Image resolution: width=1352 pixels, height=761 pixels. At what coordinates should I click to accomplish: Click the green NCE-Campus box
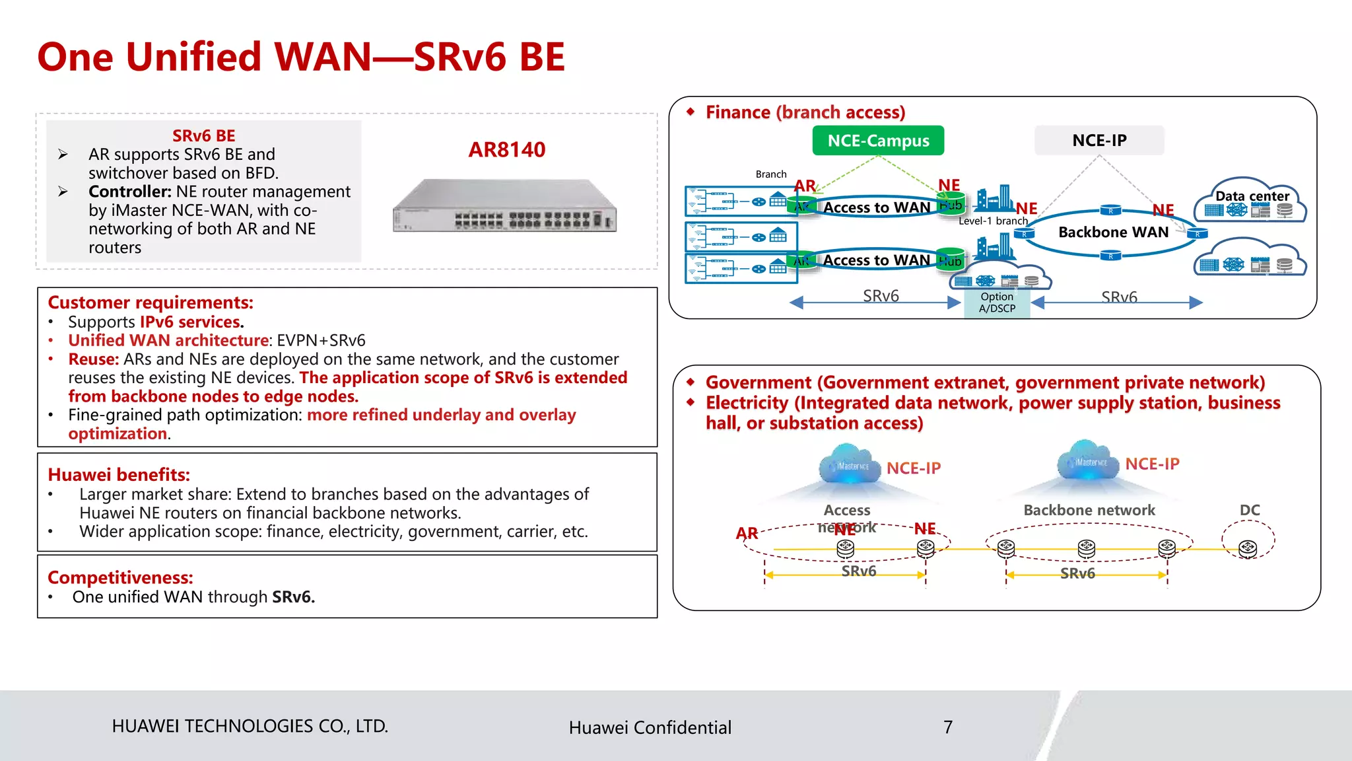tap(878, 141)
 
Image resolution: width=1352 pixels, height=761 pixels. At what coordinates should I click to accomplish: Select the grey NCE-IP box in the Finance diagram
tap(1099, 141)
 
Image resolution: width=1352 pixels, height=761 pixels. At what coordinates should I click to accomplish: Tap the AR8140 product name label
tap(507, 150)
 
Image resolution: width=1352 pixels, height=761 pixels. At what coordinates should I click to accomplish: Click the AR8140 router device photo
tap(505, 206)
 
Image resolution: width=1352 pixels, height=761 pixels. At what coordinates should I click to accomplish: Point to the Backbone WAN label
tap(1113, 233)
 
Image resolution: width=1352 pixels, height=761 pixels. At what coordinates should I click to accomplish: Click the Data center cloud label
tap(1252, 196)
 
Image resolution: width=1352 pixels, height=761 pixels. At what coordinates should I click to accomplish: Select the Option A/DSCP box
tap(997, 303)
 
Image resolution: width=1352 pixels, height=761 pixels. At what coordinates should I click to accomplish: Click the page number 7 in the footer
tap(948, 727)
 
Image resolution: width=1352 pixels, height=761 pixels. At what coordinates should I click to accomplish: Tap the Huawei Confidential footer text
tap(650, 727)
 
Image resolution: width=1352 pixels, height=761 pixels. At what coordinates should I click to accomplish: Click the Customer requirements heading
tap(151, 303)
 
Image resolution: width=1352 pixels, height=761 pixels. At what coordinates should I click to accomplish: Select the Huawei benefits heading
tap(119, 475)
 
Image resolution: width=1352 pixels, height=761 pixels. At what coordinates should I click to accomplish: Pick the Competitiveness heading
tap(120, 577)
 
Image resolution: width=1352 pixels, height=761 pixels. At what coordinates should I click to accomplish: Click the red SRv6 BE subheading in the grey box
tap(203, 136)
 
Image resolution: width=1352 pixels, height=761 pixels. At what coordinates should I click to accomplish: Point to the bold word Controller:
tap(130, 192)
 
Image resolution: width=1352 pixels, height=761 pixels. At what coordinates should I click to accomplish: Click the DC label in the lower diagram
tap(1250, 510)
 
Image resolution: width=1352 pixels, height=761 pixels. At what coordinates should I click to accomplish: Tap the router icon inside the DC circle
tap(1248, 548)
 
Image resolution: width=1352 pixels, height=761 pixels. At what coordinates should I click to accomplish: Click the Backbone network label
tap(1089, 510)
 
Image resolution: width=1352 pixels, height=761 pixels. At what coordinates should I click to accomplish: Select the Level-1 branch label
tap(993, 221)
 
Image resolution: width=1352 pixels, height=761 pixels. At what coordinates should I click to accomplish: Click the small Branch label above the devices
tap(771, 174)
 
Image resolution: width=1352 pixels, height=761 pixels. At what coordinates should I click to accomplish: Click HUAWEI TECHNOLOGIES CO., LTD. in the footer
tap(250, 726)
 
